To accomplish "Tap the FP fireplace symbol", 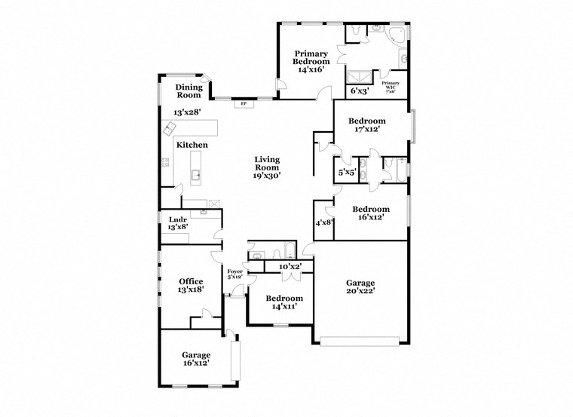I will click(244, 103).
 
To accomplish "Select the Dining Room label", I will click(188, 91).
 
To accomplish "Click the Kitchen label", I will click(192, 145).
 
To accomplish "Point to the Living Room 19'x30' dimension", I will click(267, 175).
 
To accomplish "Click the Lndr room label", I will click(177, 219).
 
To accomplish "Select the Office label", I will click(191, 281).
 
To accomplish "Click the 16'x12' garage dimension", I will click(195, 363).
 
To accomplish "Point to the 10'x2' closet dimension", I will click(290, 266).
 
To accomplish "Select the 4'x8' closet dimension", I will click(323, 222).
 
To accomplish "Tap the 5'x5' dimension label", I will click(347, 172).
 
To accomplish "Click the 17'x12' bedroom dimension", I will click(366, 129).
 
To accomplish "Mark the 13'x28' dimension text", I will click(187, 112).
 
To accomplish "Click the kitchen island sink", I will click(195, 176).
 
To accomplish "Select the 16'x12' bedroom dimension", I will click(371, 218).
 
